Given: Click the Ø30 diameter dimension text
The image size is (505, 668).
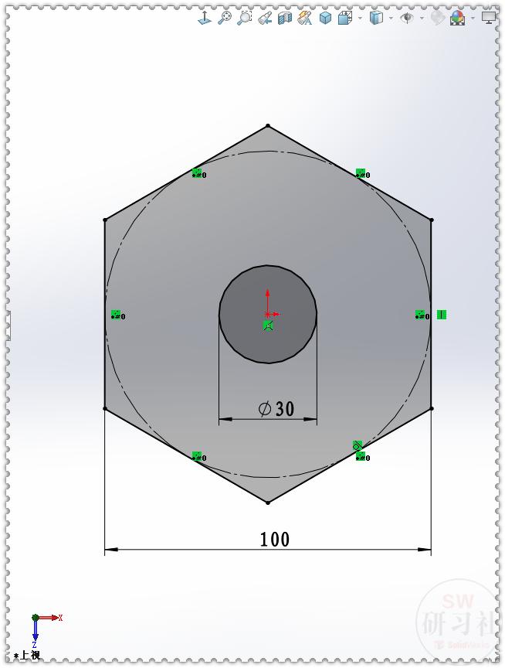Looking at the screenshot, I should click(x=276, y=409).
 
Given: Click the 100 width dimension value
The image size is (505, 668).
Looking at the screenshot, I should click(x=274, y=540).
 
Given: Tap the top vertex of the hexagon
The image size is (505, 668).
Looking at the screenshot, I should click(x=268, y=125).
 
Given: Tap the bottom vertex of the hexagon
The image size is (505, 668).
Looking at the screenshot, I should click(x=268, y=503).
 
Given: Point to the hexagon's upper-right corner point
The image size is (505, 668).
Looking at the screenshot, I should click(x=431, y=220).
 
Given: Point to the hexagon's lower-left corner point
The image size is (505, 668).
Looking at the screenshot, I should click(x=105, y=408).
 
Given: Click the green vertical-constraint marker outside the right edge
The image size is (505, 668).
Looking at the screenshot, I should click(x=441, y=315).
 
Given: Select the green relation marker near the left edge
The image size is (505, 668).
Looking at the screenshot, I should click(x=116, y=315).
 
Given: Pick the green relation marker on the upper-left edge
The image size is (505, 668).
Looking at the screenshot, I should click(x=197, y=173).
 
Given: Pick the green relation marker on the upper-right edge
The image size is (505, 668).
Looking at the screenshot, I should click(x=360, y=173).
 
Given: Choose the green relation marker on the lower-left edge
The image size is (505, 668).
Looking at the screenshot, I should click(x=197, y=457).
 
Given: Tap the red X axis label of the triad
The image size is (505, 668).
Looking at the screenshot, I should click(x=60, y=618).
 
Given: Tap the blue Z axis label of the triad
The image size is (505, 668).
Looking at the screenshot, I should click(x=36, y=643).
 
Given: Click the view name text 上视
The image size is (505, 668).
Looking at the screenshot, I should click(x=29, y=656).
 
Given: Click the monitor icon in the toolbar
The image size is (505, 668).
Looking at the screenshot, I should click(x=488, y=16).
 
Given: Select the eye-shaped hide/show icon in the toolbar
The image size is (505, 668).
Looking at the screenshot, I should click(x=407, y=17).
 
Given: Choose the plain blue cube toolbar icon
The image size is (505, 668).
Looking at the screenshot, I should click(x=325, y=17).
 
